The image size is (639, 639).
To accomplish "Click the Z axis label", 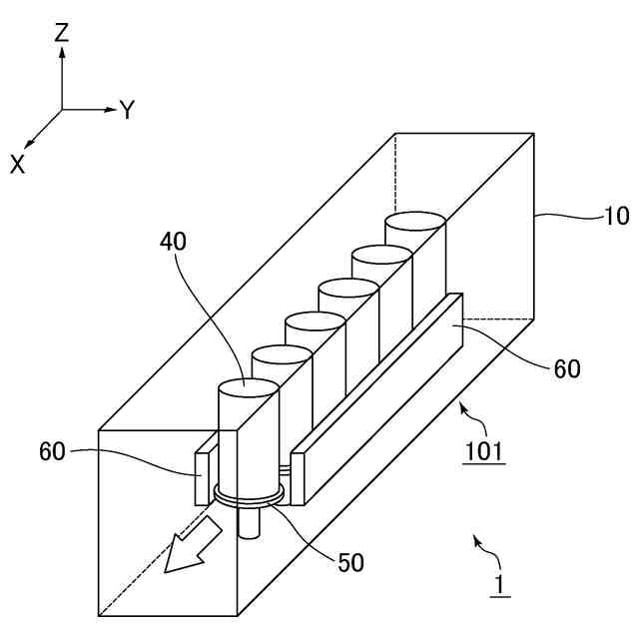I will (62, 32).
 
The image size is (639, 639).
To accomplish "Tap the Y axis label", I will (127, 110).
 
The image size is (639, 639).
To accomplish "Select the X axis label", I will (18, 165).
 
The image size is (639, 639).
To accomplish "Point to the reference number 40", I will (172, 241).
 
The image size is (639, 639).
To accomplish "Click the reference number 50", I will (350, 562).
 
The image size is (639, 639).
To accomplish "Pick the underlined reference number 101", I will (483, 451).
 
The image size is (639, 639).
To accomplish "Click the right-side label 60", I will (566, 368).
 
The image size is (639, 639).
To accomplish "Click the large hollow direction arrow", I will (193, 545).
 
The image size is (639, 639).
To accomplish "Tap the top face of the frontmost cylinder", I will (248, 387).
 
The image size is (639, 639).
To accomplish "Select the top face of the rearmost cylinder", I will (415, 221).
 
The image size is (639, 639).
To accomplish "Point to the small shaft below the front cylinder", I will (251, 523).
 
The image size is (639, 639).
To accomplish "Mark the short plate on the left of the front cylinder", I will (201, 476).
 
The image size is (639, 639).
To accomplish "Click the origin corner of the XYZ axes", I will (62, 109).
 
